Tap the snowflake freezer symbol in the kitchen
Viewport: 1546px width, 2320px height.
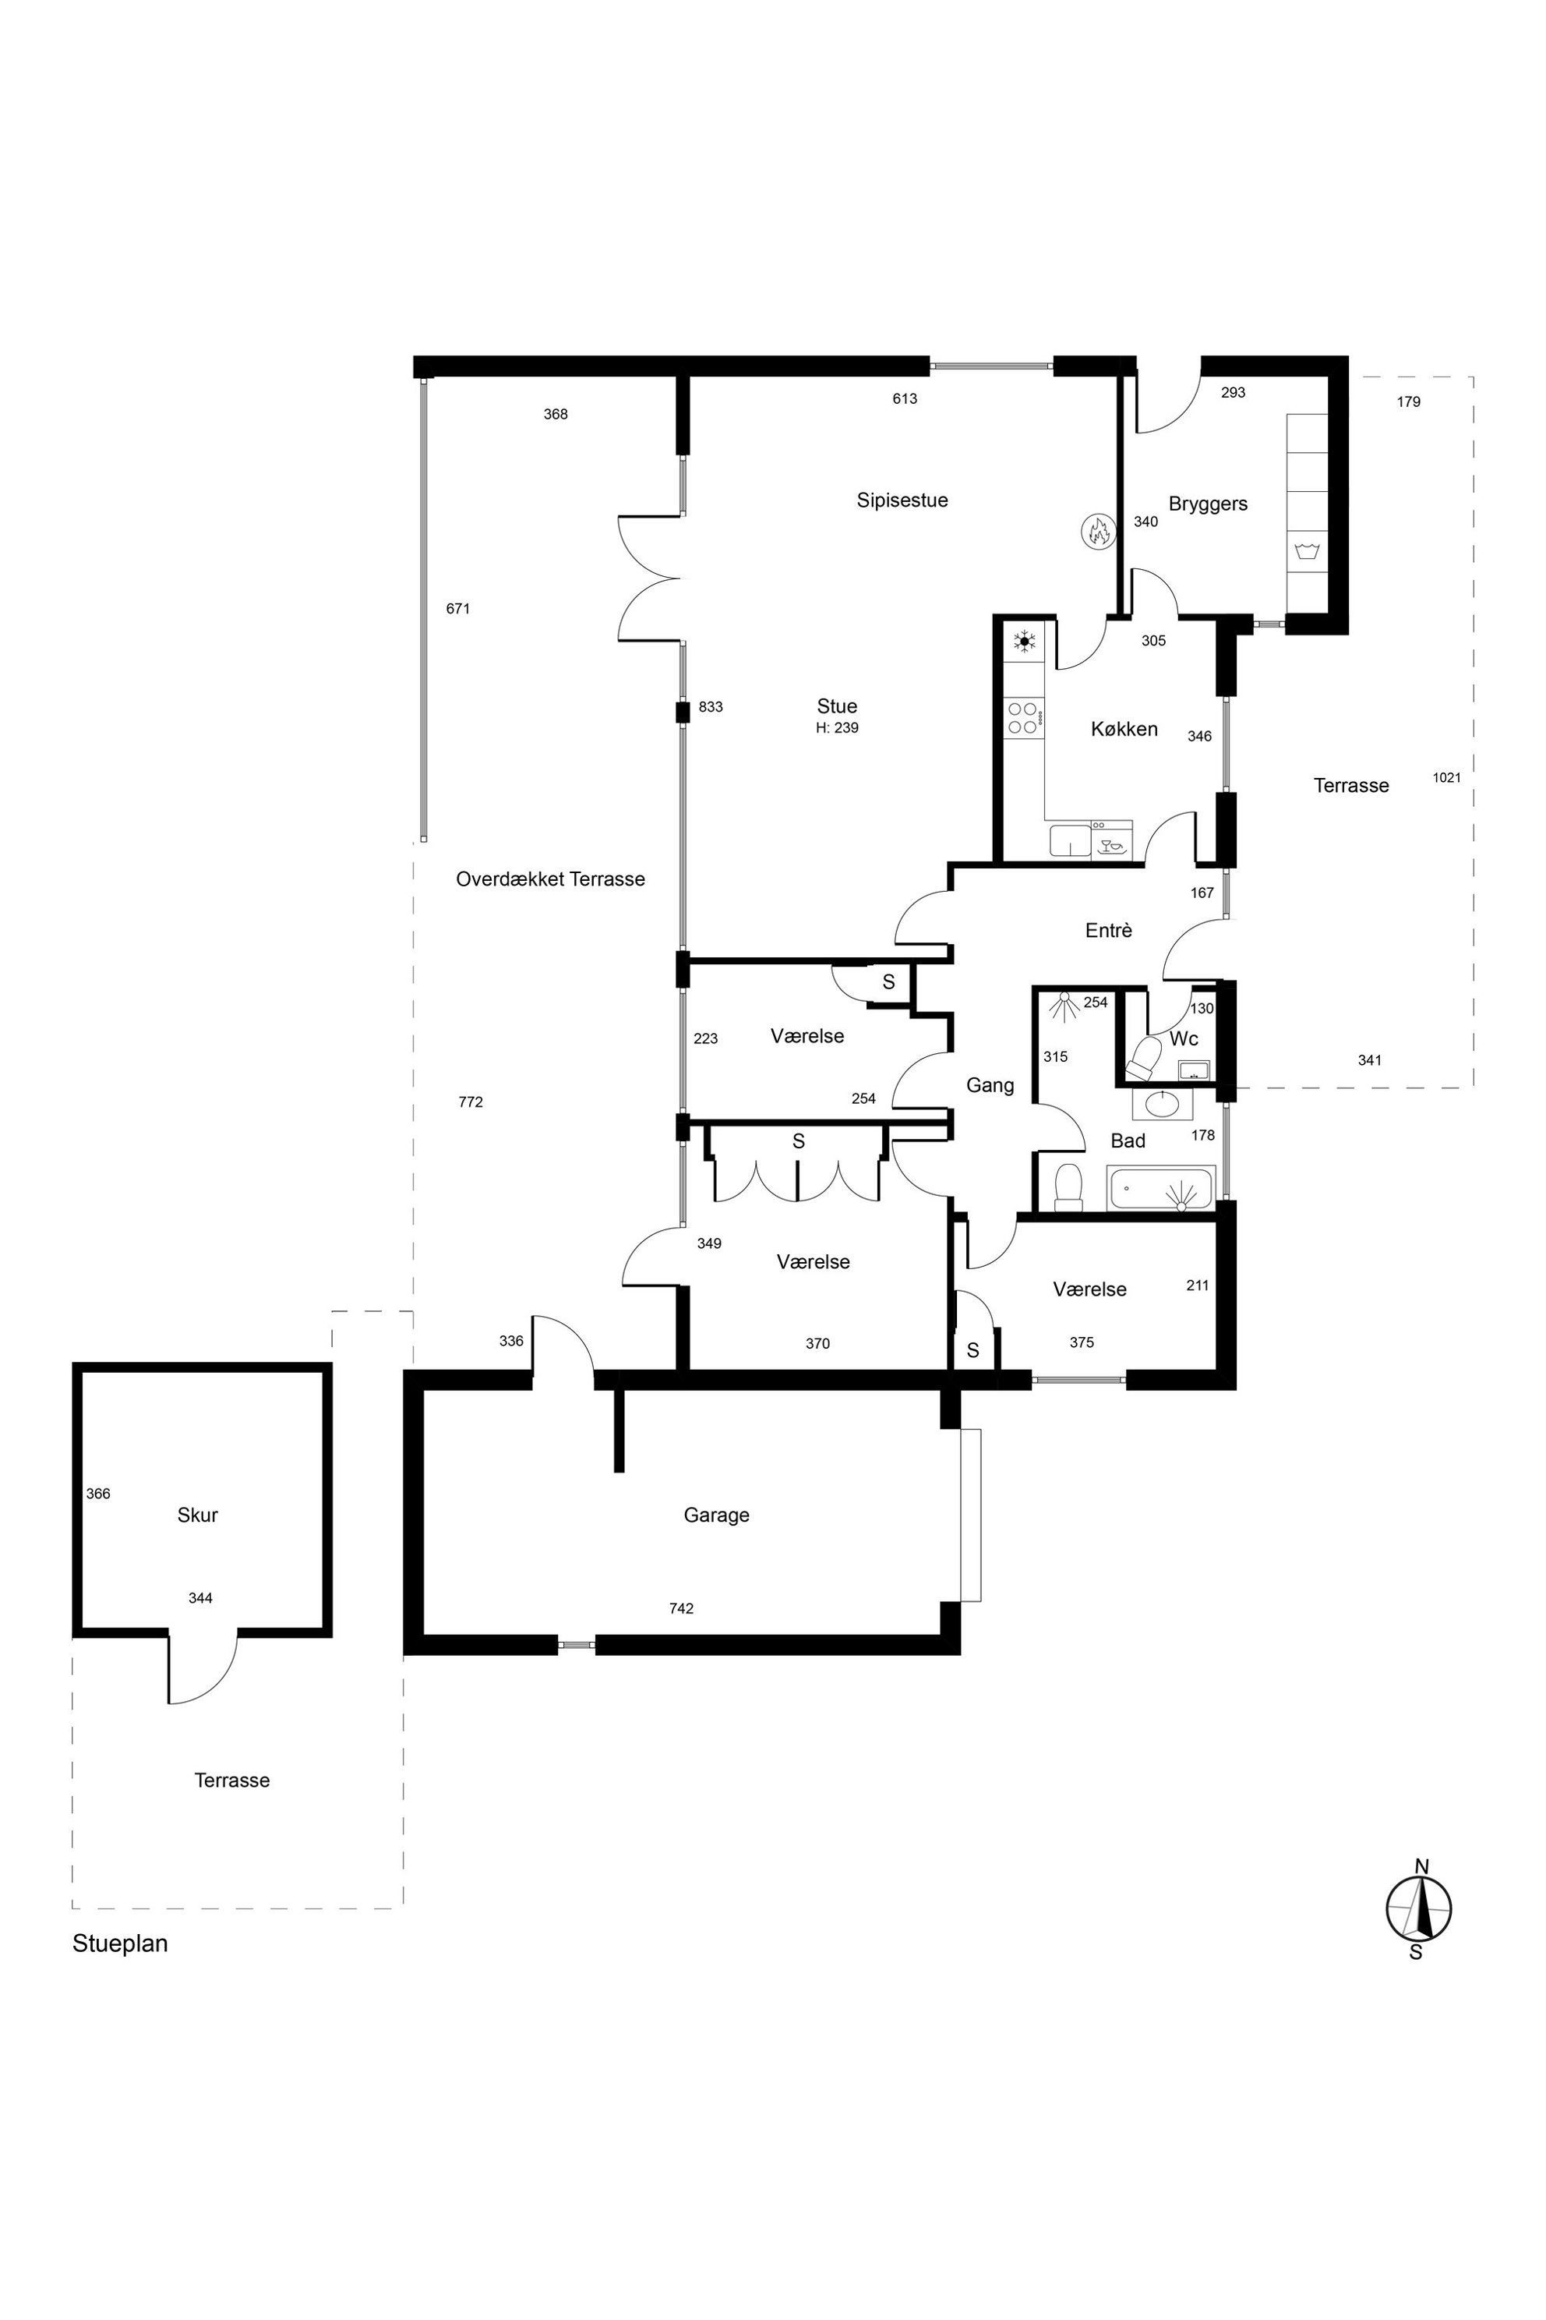tap(1025, 641)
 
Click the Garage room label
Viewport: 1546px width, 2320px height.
tap(717, 1515)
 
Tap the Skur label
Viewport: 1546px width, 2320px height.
tap(197, 1515)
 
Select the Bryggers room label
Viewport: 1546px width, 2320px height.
tap(1208, 505)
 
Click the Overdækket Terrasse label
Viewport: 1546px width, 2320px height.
tap(550, 879)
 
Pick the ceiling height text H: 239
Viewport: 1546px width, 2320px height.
tap(837, 728)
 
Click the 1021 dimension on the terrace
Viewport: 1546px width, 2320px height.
tap(1446, 777)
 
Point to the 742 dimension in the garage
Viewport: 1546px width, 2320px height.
tap(681, 1609)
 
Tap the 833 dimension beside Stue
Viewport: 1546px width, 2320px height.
tap(711, 706)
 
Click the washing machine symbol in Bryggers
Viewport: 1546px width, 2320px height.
tap(1307, 550)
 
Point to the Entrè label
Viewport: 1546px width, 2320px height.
tap(1108, 930)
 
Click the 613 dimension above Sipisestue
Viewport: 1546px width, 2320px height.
tap(905, 398)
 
